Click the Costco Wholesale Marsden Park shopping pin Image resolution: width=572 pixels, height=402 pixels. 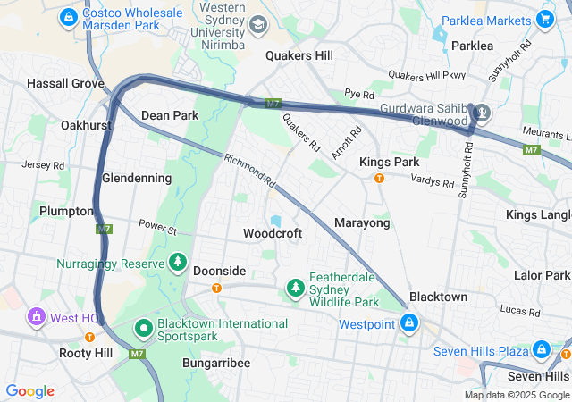tap(68, 16)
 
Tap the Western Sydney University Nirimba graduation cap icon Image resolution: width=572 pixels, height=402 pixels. tap(258, 26)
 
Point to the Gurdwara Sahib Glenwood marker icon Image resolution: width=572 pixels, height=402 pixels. tap(483, 113)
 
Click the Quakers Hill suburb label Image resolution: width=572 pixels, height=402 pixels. tap(299, 55)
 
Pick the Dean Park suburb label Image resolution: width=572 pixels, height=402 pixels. tap(170, 115)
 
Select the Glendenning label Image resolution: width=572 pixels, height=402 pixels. tap(137, 178)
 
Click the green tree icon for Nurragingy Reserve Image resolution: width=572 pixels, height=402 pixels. tap(178, 263)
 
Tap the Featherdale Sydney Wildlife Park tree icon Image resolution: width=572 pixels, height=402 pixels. tap(295, 287)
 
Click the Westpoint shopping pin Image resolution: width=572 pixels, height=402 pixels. tap(408, 322)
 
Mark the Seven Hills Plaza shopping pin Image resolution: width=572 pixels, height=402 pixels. tap(542, 349)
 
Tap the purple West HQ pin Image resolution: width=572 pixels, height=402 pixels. tap(36, 316)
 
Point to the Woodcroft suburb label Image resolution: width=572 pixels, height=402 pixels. tap(273, 233)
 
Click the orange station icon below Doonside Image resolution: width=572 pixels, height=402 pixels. tap(216, 288)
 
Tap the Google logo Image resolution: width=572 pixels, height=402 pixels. tap(29, 391)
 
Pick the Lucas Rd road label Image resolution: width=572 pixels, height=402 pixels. tap(520, 309)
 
